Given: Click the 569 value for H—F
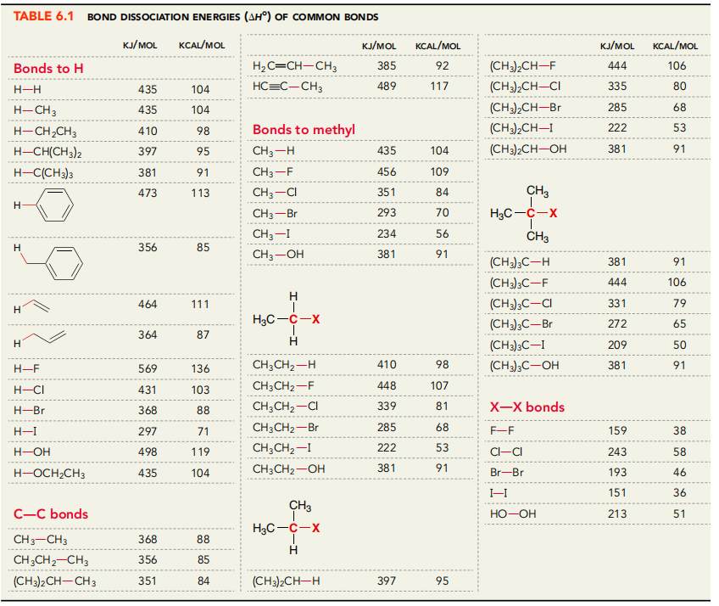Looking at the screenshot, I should coord(148,368).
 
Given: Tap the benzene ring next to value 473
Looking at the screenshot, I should coord(57,205).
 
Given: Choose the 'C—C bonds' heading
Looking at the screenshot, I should coord(51,514).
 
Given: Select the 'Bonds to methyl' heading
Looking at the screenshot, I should coord(304,130).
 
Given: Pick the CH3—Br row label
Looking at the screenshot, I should coord(277,212).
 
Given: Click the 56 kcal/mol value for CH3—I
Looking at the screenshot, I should coord(442,233).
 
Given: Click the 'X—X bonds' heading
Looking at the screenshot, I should coord(527,407).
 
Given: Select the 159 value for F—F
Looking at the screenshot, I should coord(617,431).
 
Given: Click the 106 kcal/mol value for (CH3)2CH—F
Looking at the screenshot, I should coord(676,65).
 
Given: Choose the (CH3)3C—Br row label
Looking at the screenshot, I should coord(521,324).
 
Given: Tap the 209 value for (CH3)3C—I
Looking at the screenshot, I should coord(617,345).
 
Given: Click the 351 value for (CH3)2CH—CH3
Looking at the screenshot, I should coord(148,581).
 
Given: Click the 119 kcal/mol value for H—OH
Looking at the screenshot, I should coord(200,452).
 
